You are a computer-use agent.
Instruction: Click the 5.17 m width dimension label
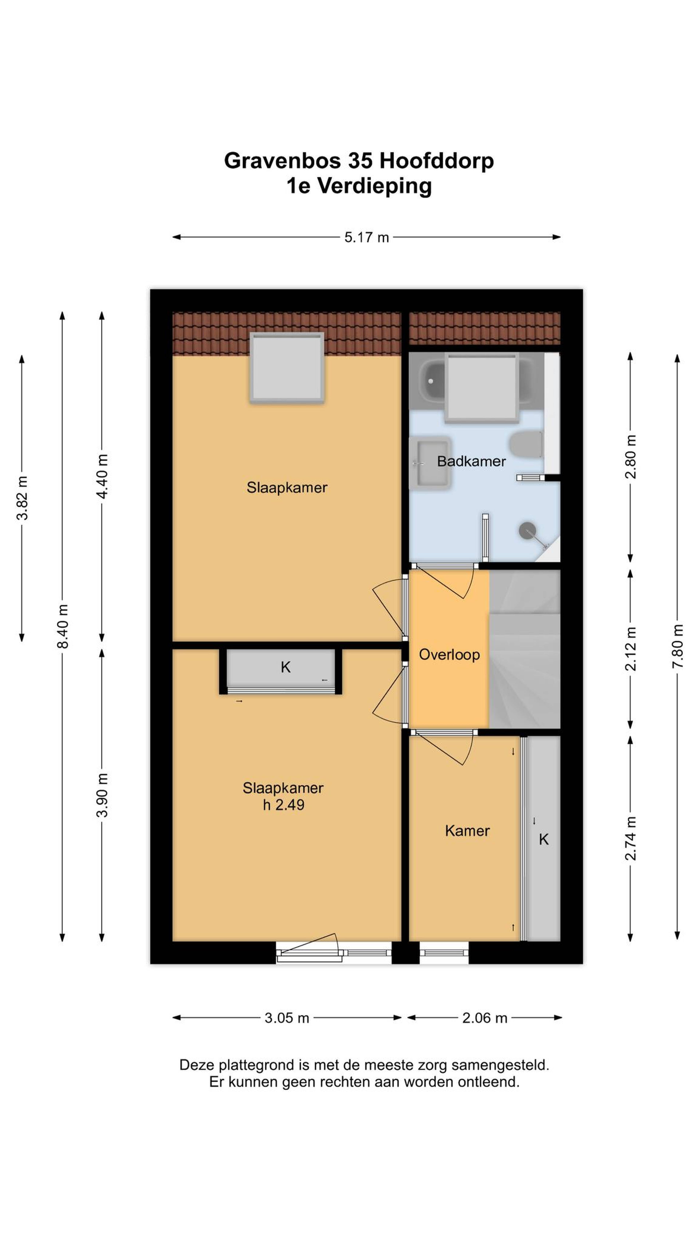pos(366,237)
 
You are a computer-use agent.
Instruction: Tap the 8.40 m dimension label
pos(63,626)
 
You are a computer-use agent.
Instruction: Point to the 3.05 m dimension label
pos(287,1018)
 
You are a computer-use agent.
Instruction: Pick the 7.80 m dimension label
pos(678,646)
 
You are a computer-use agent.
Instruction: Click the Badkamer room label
pos(471,461)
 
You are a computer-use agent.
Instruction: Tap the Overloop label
pos(449,655)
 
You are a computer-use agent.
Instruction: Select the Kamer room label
pos(467,831)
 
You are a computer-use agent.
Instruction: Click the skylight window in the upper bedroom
pos(287,367)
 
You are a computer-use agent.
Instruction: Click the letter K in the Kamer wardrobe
pos(544,839)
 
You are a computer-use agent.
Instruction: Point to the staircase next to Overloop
pos(525,648)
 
